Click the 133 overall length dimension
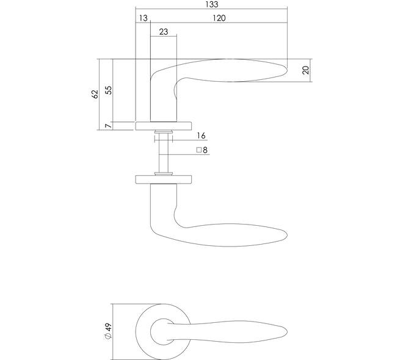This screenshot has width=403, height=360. click(212, 4)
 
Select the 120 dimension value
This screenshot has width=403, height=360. click(219, 18)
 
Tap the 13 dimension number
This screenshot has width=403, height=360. click(143, 18)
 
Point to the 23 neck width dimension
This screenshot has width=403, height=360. click(164, 32)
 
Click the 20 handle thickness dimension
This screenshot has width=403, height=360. click(305, 70)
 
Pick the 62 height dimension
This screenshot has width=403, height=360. click(95, 94)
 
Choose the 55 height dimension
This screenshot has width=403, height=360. click(109, 90)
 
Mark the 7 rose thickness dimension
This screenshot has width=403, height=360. click(109, 126)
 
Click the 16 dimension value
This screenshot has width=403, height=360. click(201, 135)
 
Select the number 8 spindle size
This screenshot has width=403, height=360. click(205, 150)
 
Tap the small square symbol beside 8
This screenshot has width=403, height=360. click(198, 150)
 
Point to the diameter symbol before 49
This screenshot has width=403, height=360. click(109, 336)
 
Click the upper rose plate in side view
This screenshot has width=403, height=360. click(164, 126)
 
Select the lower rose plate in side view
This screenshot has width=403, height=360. click(164, 180)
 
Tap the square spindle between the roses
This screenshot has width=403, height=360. click(164, 153)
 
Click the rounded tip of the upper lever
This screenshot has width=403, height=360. click(286, 70)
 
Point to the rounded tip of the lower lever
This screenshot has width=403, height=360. click(286, 235)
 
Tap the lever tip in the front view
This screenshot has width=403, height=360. click(286, 332)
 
